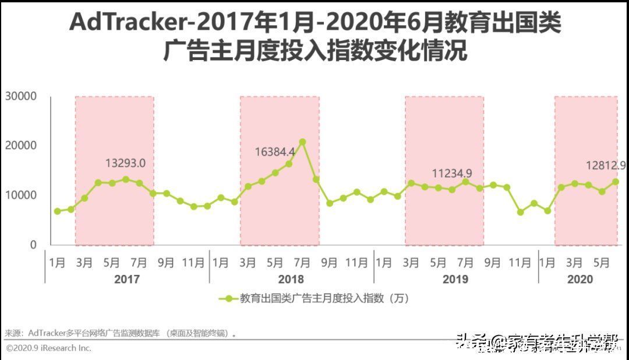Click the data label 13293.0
pos(125,164)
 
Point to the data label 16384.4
pos(275,152)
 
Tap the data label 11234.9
pos(452,173)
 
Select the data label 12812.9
pos(606,166)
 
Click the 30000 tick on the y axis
pos(21,96)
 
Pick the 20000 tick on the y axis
pos(21,146)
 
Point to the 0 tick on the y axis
pos(33,245)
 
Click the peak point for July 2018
pos(302,142)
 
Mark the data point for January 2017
pos(57,211)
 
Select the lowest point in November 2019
pos(520,212)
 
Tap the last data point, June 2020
pos(616,182)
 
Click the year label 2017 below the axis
pos(127,280)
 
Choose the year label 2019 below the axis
pos(455,280)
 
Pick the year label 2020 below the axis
pos(580,280)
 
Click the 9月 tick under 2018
pos(330,263)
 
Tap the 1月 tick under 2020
pos(547,263)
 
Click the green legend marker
pos(228,298)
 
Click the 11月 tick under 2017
pos(193,263)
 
